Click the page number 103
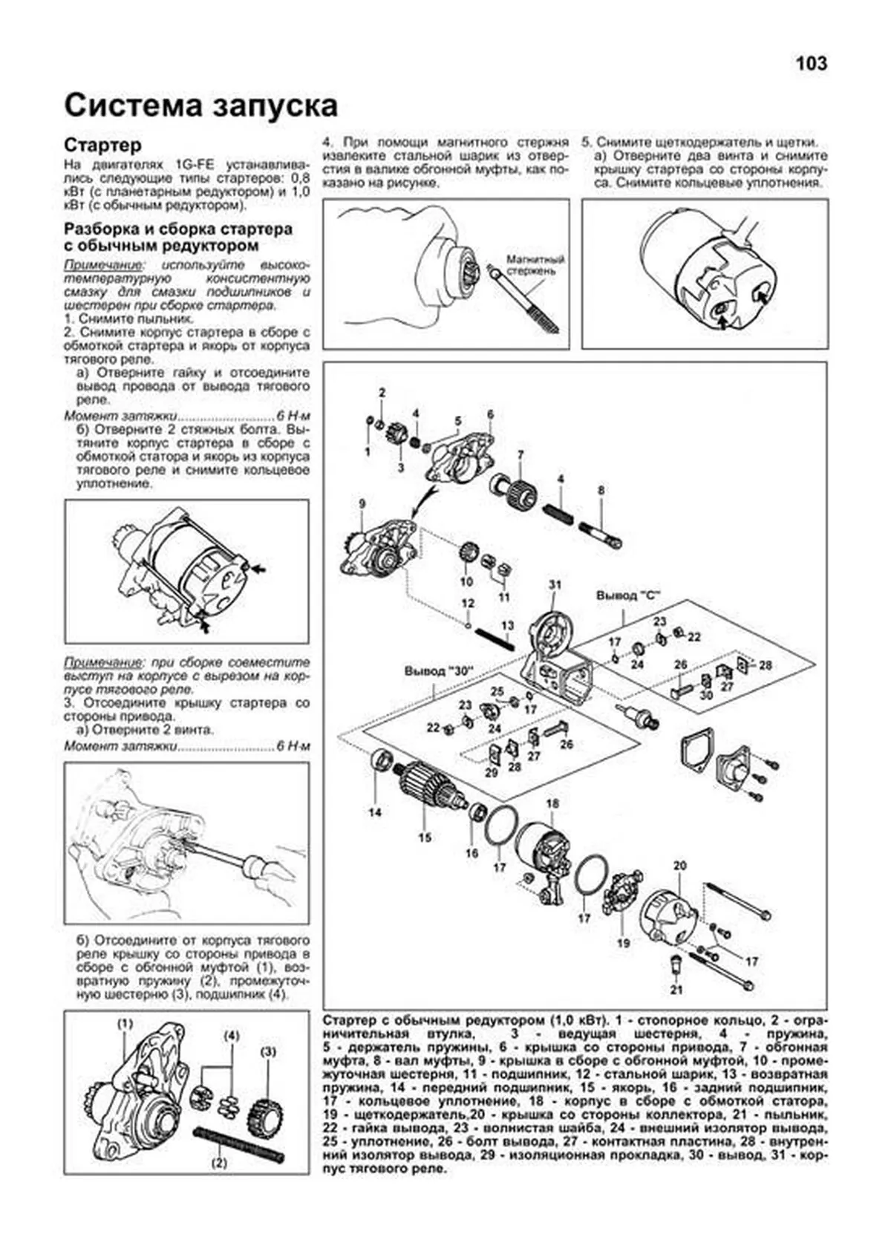[x=811, y=64]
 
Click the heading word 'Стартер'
[x=102, y=144]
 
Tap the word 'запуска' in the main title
[x=275, y=106]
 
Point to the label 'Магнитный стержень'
[x=535, y=265]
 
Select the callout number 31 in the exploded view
[x=555, y=585]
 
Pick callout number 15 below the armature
[x=424, y=838]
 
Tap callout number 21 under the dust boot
[x=676, y=990]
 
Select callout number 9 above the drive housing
[x=362, y=504]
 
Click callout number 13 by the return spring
[x=507, y=626]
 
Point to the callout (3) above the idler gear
[x=268, y=1051]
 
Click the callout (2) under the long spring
[x=219, y=1163]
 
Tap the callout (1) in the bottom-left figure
[x=125, y=1024]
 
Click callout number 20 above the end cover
[x=679, y=866]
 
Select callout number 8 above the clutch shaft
[x=601, y=490]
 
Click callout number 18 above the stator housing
[x=552, y=803]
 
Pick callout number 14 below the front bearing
[x=375, y=812]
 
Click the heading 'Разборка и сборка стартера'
[x=178, y=229]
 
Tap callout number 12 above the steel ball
[x=467, y=603]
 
